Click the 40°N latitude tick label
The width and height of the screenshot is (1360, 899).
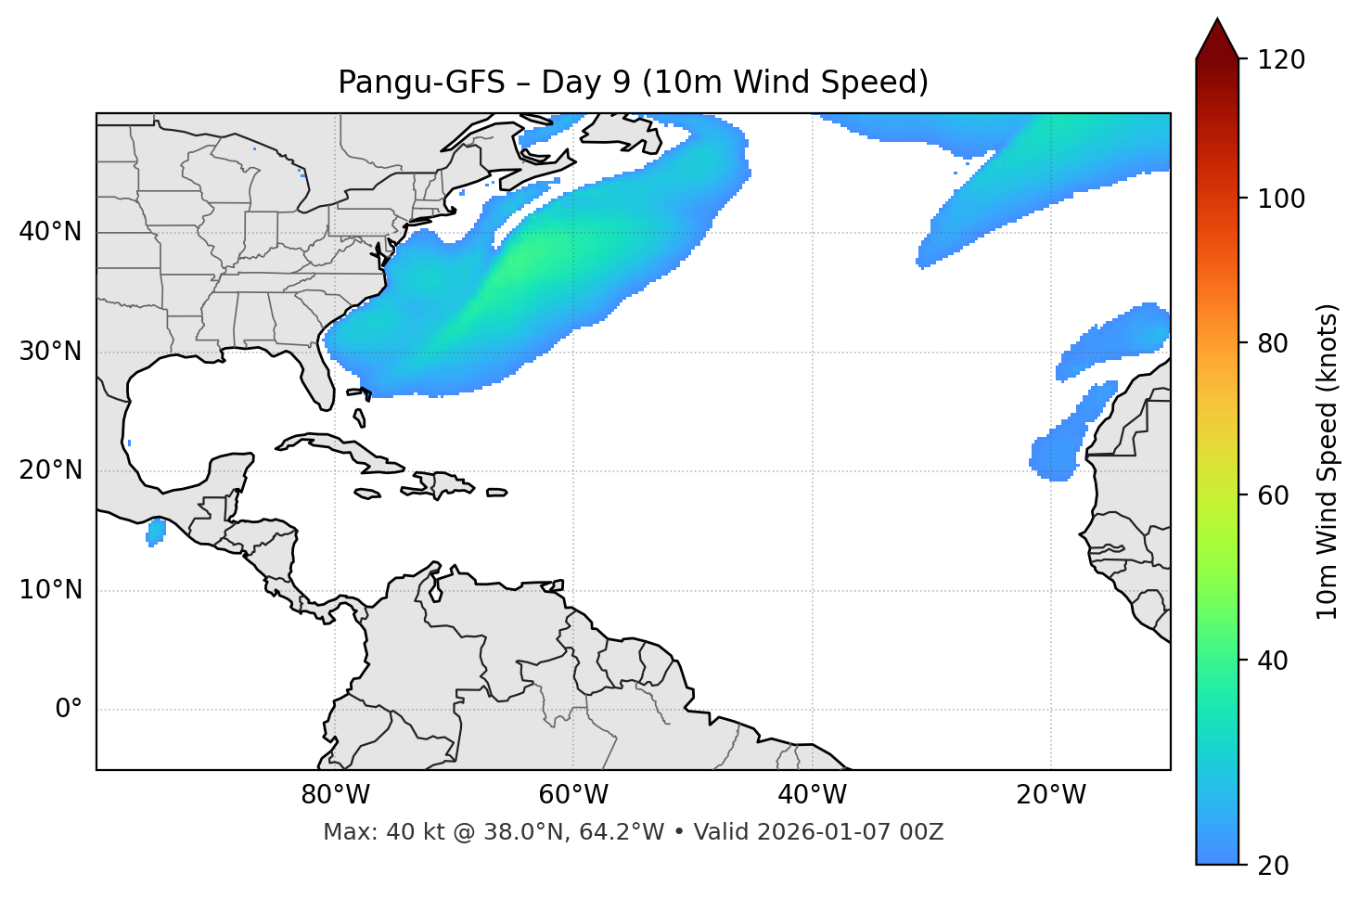tap(50, 232)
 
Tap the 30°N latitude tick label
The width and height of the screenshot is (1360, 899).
tap(50, 352)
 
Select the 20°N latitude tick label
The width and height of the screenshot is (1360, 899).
tap(50, 470)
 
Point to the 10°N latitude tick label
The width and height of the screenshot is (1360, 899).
tap(50, 590)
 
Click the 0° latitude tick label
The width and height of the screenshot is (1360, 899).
tap(69, 710)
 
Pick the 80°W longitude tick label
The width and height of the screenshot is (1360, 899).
tap(335, 795)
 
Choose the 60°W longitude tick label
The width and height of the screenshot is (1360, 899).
tap(573, 795)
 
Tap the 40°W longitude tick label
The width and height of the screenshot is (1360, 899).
tap(812, 795)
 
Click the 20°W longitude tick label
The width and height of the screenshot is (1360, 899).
tap(1051, 795)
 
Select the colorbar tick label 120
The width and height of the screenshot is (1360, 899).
tap(1280, 60)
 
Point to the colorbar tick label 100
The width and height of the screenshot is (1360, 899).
tap(1280, 199)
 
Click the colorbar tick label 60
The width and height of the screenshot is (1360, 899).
tap(1275, 495)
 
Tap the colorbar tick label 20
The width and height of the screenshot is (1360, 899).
tap(1275, 866)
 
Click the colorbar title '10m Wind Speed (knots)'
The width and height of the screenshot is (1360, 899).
tap(1328, 461)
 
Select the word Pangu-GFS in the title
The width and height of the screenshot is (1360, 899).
tap(421, 83)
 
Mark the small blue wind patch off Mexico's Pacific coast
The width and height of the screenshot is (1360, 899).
tap(156, 532)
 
